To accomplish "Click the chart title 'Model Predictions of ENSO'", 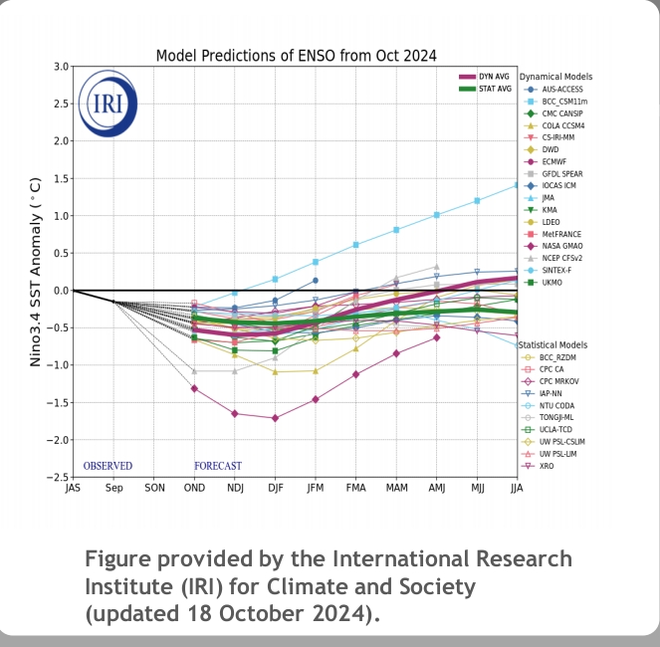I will coord(296,56).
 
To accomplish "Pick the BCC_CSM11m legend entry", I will coord(566,102).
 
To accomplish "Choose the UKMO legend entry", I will coord(553,282).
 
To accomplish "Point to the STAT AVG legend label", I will coord(499,90).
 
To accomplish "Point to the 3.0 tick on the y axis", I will coord(60,67).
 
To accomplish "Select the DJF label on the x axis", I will coord(275,489).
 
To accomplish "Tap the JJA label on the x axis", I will coord(515,489).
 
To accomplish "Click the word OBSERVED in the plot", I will coord(108,466).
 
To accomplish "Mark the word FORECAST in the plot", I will coord(218,466).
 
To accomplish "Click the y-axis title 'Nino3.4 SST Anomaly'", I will coord(35,272).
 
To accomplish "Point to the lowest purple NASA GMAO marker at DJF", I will coord(275,418).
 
